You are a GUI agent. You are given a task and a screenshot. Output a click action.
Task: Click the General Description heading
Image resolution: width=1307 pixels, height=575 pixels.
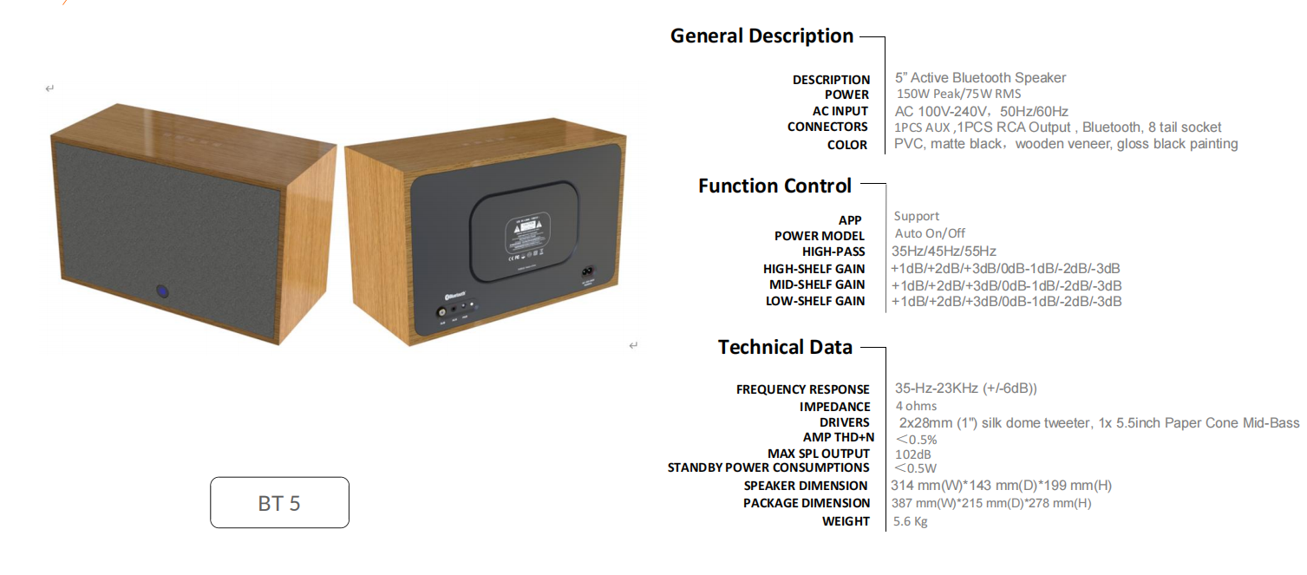pyautogui.click(x=761, y=36)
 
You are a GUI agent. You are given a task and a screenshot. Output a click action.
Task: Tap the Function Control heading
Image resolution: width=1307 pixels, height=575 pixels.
pyautogui.click(x=774, y=186)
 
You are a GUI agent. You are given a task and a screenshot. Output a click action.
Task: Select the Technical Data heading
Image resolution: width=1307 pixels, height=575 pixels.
pyautogui.click(x=785, y=347)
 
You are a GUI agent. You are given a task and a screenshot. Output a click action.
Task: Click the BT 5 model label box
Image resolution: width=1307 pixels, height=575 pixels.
pyautogui.click(x=279, y=502)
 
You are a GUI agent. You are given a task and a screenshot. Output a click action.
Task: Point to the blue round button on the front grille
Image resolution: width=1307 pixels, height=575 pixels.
pyautogui.click(x=162, y=291)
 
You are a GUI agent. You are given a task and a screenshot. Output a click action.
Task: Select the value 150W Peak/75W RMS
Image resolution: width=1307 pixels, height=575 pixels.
pyautogui.click(x=958, y=94)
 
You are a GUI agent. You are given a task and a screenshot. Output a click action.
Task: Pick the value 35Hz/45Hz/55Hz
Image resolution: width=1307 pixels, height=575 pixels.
pyautogui.click(x=944, y=251)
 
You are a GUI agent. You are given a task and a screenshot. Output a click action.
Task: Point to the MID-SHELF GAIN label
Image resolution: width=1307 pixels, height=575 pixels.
pyautogui.click(x=817, y=284)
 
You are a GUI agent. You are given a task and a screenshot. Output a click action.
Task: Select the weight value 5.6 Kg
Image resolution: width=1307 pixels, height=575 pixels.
pyautogui.click(x=911, y=521)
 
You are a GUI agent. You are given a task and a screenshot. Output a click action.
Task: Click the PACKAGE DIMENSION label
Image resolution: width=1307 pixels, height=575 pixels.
pyautogui.click(x=807, y=503)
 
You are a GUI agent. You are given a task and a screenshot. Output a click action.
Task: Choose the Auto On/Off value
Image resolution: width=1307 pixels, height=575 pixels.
pyautogui.click(x=930, y=233)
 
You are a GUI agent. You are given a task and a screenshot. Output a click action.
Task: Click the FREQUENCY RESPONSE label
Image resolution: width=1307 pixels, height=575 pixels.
pyautogui.click(x=802, y=389)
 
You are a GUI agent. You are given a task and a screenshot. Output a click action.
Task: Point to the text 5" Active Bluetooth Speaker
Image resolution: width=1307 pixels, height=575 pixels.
pyautogui.click(x=980, y=78)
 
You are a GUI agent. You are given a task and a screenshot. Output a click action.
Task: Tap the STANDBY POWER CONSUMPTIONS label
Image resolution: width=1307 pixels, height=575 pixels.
pyautogui.click(x=768, y=468)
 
